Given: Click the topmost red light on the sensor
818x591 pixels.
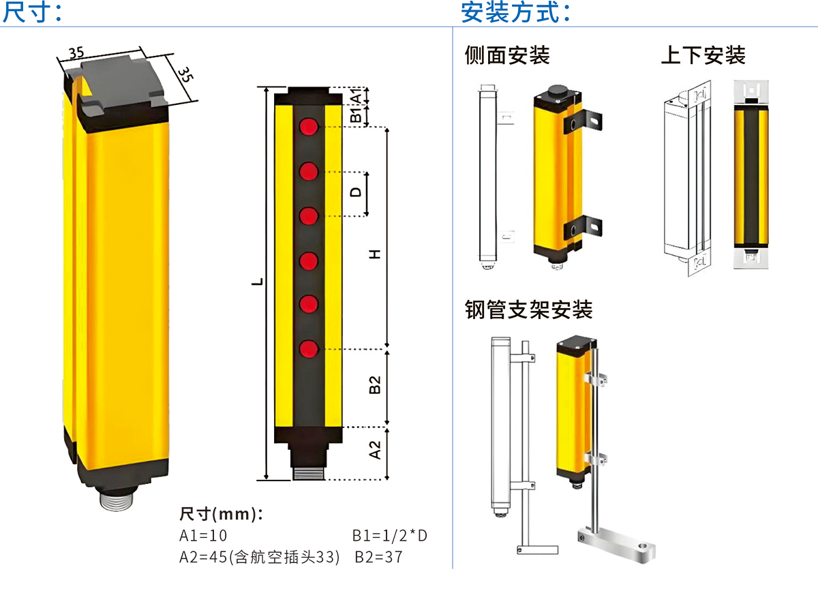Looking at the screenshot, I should click(309, 127).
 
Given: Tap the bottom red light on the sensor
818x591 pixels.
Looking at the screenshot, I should click(309, 348).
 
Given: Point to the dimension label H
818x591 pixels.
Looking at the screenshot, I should click(374, 254).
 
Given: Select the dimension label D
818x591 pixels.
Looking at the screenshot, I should click(356, 193).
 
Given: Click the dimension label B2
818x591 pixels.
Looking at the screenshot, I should click(374, 384).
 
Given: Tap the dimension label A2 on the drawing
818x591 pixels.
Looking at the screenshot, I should click(374, 450).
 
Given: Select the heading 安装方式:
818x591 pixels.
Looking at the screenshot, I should click(515, 12).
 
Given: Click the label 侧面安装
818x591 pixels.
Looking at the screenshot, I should click(507, 55).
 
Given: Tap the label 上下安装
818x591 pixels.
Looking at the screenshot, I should click(703, 55).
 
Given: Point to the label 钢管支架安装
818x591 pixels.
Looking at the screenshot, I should click(529, 310).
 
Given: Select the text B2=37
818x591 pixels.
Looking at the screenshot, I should click(379, 557).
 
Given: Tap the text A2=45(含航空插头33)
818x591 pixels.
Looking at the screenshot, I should click(259, 557).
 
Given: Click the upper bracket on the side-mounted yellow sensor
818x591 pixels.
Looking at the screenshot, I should click(584, 121).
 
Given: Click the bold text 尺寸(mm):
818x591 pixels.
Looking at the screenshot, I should click(220, 513).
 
